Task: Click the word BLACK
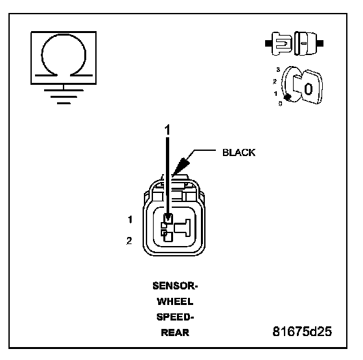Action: coord(239,153)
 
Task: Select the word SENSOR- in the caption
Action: coord(175,286)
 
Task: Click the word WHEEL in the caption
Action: coord(175,302)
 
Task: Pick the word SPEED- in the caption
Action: coord(175,317)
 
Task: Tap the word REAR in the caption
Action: coord(175,333)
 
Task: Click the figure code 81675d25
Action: coord(302,332)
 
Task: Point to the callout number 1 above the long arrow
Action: coord(167,129)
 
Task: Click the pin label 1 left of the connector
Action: coord(130,219)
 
